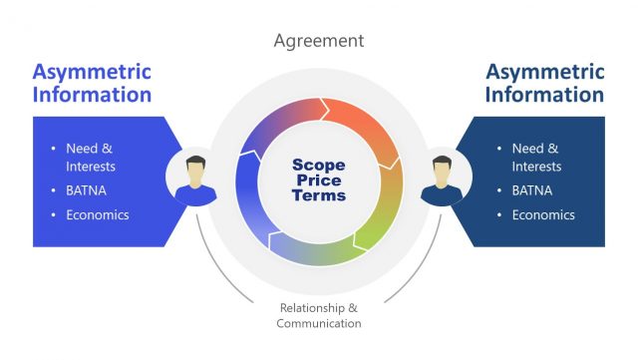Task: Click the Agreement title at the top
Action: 319,41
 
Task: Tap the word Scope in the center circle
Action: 319,164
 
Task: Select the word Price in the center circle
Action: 319,180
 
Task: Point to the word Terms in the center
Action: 319,195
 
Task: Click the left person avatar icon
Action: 196,180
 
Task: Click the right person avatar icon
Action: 442,180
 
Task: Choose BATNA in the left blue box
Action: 87,190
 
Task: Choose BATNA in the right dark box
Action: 532,190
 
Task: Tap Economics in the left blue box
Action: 98,214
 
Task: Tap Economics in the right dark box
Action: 543,214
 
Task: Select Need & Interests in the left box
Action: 91,158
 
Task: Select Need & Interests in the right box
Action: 536,158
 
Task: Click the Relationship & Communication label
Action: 319,315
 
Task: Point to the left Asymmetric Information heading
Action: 92,84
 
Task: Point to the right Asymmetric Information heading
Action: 544,84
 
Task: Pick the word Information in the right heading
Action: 544,96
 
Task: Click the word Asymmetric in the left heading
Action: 92,72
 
